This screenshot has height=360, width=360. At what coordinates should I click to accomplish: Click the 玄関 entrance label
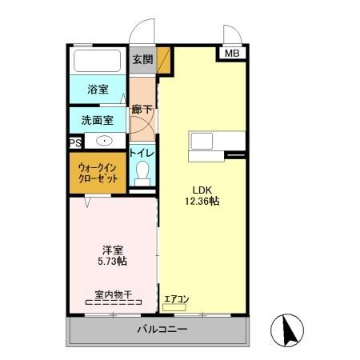pos(142,59)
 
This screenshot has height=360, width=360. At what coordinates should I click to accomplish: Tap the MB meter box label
pos(231,54)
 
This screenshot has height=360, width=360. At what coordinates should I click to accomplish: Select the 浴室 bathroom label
pos(98,90)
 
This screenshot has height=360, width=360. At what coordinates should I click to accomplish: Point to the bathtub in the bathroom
pos(97,62)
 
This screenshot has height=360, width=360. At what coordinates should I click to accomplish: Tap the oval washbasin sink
pos(105,140)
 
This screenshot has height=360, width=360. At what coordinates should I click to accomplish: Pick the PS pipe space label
pos(74,143)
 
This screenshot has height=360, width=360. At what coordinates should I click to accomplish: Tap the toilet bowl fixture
pos(142,171)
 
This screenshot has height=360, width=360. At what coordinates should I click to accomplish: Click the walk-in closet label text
pos(98,173)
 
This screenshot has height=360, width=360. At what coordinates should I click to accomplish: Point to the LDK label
pos(200,190)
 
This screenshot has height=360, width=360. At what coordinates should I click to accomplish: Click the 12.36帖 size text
pos(200,202)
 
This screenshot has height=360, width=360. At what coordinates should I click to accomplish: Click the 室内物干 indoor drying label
pos(113,294)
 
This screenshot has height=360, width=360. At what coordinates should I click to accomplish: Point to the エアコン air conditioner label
pos(176,299)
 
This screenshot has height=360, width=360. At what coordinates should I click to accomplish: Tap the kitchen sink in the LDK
pos(201,141)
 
